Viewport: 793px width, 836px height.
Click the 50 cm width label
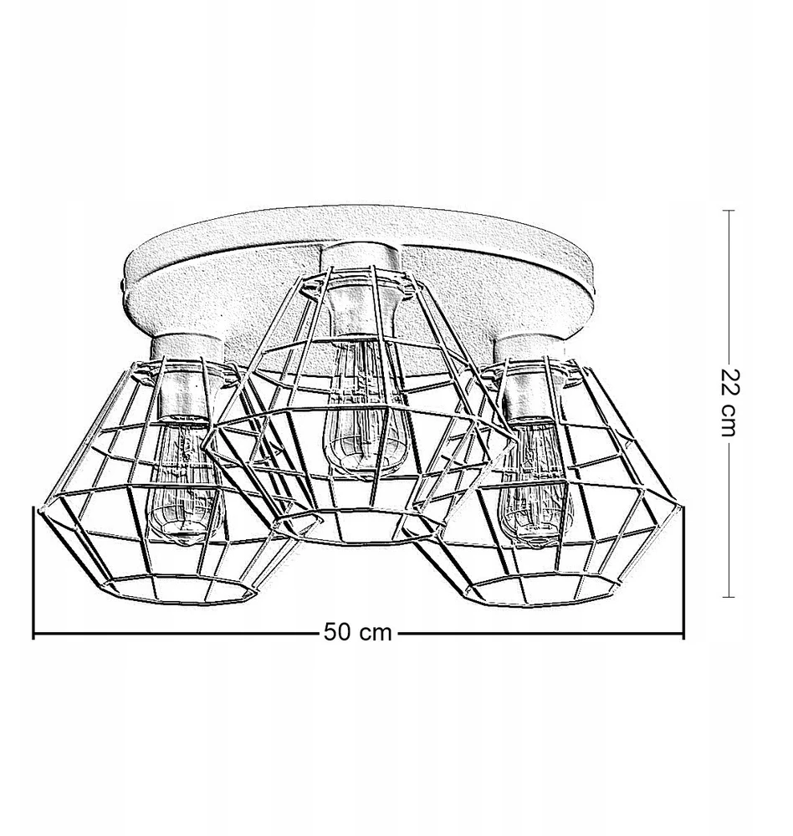pyautogui.click(x=357, y=632)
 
